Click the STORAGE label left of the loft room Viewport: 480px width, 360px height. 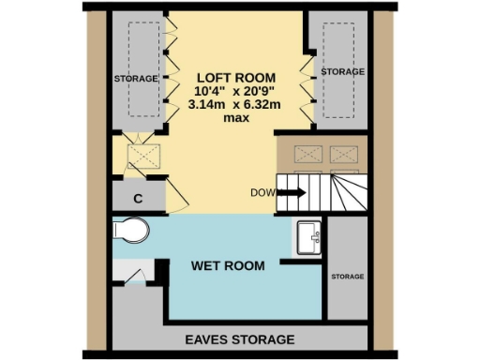click(135, 79)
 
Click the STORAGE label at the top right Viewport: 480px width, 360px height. click(343, 71)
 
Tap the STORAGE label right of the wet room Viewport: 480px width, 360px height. click(347, 277)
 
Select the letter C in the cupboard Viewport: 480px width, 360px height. click(137, 198)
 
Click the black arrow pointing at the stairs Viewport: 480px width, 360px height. click(292, 193)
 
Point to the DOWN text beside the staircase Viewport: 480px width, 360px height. click(263, 193)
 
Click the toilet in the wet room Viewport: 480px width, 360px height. click(132, 230)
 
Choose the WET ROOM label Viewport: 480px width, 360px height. click(228, 266)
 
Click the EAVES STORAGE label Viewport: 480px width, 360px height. click(239, 339)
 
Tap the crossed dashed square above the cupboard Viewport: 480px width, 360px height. click(141, 154)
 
